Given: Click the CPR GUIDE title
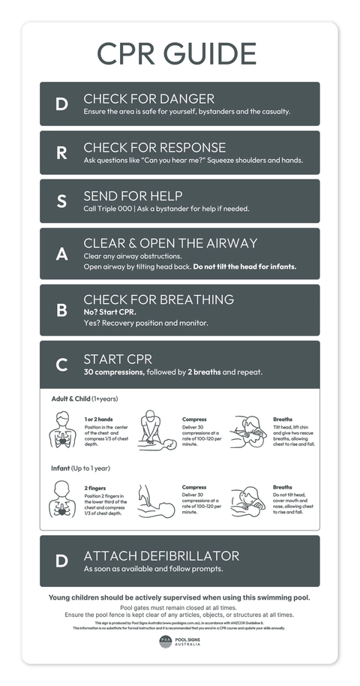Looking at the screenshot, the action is click(x=177, y=54).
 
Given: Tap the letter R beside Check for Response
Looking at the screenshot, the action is click(x=61, y=153).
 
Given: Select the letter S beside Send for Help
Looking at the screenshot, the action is click(x=61, y=201).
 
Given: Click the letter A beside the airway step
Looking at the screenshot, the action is click(x=61, y=254).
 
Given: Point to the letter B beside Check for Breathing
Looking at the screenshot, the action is click(x=61, y=310).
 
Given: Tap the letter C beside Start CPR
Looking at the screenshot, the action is click(x=61, y=366).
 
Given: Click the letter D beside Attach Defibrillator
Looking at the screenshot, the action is click(x=61, y=561).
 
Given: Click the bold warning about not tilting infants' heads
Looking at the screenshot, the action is click(x=244, y=266).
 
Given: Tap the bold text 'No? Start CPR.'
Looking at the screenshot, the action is click(x=109, y=311).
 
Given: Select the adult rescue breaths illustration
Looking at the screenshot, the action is click(x=247, y=432).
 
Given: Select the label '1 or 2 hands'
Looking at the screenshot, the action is click(x=100, y=419).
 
